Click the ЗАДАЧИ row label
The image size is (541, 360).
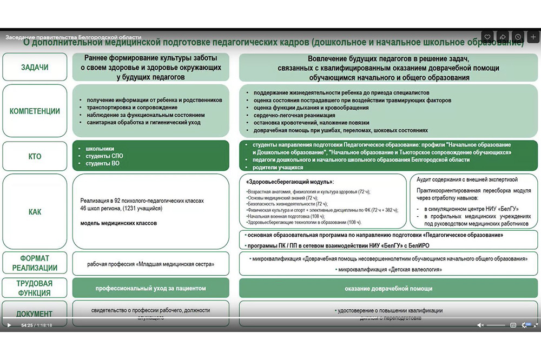coord(35,68)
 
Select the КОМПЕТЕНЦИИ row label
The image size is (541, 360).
coord(35,111)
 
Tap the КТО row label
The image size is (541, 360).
coord(35,157)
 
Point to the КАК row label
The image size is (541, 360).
coord(35,212)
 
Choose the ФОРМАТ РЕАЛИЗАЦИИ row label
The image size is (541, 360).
coord(35,264)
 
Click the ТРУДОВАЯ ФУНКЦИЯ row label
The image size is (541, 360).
coord(35,288)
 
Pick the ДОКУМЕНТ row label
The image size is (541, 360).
coord(35,314)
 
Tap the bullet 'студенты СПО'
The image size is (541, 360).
coord(100,156)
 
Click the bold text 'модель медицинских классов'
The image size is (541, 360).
coord(118,223)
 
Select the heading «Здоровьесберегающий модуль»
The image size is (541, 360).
coord(290,182)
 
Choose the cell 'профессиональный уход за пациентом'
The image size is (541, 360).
coord(151,288)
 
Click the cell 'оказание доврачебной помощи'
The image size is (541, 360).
coord(388,289)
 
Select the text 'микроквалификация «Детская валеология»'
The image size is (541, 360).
coord(388,269)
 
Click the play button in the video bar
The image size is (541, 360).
coord(9,325)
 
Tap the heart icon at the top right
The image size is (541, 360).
coord(487,37)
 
